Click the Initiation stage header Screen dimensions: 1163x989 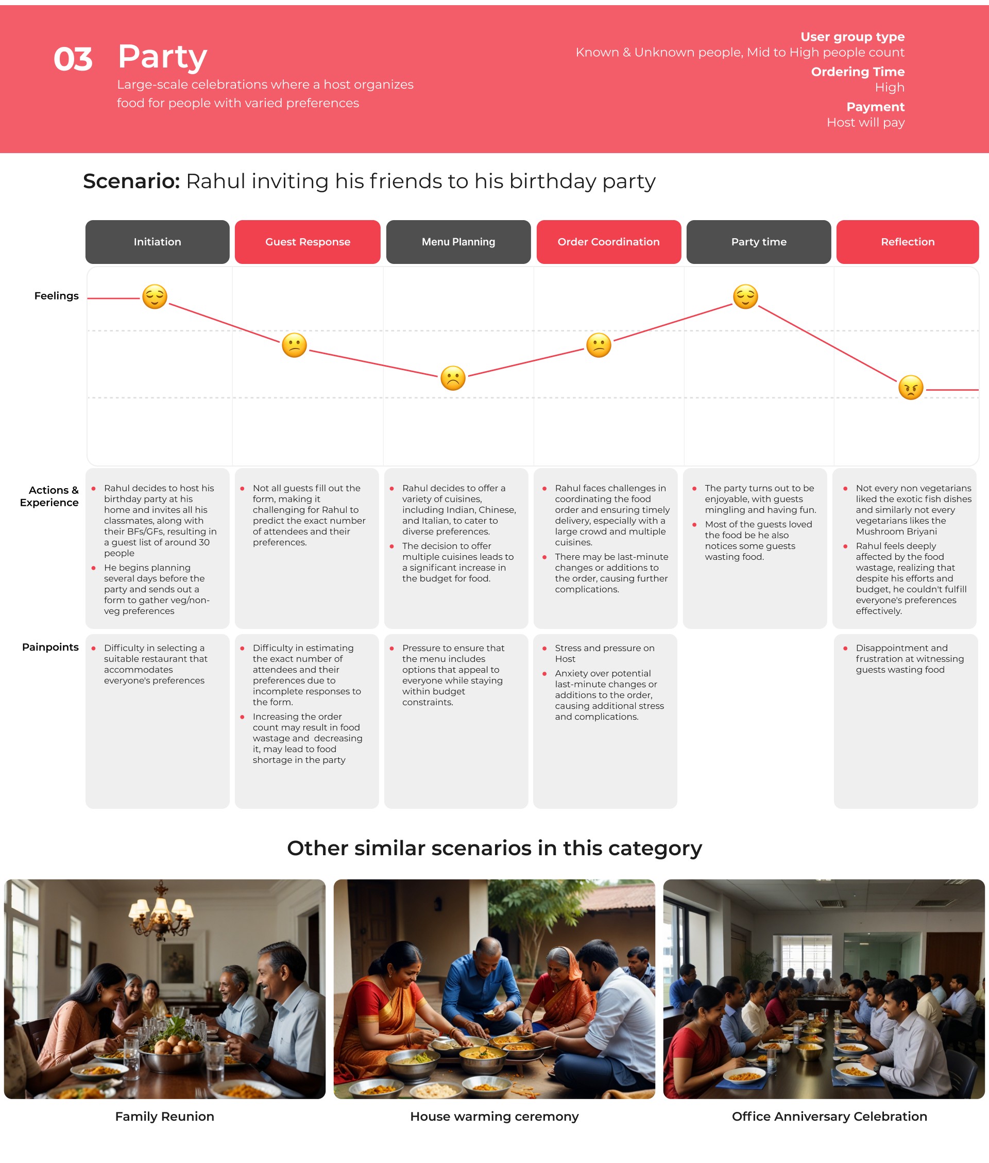(157, 242)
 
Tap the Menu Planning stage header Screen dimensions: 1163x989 (458, 242)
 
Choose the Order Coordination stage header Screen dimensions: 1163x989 (608, 242)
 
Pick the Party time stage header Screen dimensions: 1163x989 (759, 242)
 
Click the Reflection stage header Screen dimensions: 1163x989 (907, 242)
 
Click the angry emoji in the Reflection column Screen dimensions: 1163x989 (911, 387)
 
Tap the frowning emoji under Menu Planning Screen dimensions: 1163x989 (453, 377)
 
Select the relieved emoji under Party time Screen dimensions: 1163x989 (745, 296)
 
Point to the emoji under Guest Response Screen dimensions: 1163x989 (294, 345)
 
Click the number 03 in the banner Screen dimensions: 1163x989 (73, 59)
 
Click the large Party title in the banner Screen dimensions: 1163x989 (163, 57)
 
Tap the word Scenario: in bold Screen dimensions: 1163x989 (131, 181)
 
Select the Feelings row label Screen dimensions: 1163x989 (56, 296)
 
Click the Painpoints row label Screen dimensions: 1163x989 (50, 647)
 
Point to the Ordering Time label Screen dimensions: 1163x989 (857, 72)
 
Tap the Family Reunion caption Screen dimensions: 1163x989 (164, 1116)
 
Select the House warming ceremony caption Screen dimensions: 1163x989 (494, 1116)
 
